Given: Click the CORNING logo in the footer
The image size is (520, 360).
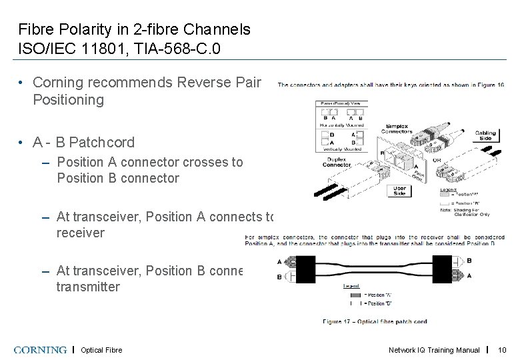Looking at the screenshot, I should [40, 349].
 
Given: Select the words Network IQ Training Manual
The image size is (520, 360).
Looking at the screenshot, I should [434, 350].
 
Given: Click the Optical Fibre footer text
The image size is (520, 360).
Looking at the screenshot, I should [101, 350].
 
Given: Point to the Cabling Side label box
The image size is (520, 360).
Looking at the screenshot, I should [485, 135].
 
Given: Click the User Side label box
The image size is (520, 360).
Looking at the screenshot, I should [399, 191].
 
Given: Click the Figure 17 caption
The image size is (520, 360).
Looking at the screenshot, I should [375, 321].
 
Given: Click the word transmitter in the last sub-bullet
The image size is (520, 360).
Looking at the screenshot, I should [88, 287].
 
